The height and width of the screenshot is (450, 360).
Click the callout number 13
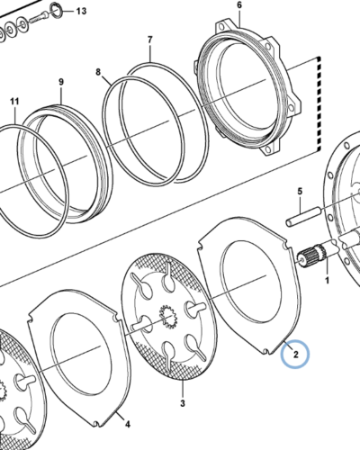click(x=81, y=12)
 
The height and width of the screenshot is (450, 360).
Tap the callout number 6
click(x=239, y=5)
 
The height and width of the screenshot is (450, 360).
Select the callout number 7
click(x=150, y=40)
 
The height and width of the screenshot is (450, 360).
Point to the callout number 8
click(x=98, y=72)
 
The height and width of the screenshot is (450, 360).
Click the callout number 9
click(x=61, y=82)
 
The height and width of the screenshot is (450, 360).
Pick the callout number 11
click(x=14, y=102)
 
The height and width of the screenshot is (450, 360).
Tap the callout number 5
click(x=300, y=191)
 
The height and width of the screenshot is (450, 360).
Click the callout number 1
click(x=327, y=281)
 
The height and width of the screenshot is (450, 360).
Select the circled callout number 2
click(x=295, y=355)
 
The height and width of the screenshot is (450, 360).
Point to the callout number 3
click(x=183, y=403)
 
